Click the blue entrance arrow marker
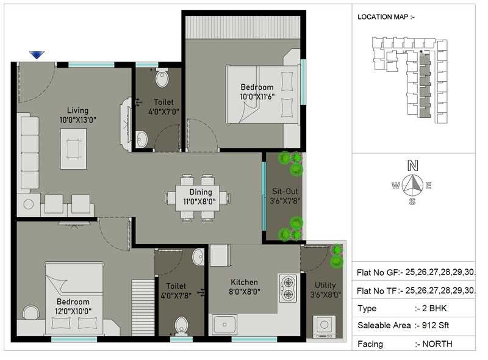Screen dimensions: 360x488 point(37,55)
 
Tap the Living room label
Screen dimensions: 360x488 point(78,110)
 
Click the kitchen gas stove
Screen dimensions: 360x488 point(287,289)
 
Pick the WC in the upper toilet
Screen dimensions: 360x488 point(162,78)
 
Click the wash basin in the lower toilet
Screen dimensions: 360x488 point(198,257)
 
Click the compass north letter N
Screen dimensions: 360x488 point(413,165)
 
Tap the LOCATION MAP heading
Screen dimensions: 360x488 point(386,17)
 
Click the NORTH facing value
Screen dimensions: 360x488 point(437,344)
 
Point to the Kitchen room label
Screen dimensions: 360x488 point(244,283)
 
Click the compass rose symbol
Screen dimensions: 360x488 point(414,184)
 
